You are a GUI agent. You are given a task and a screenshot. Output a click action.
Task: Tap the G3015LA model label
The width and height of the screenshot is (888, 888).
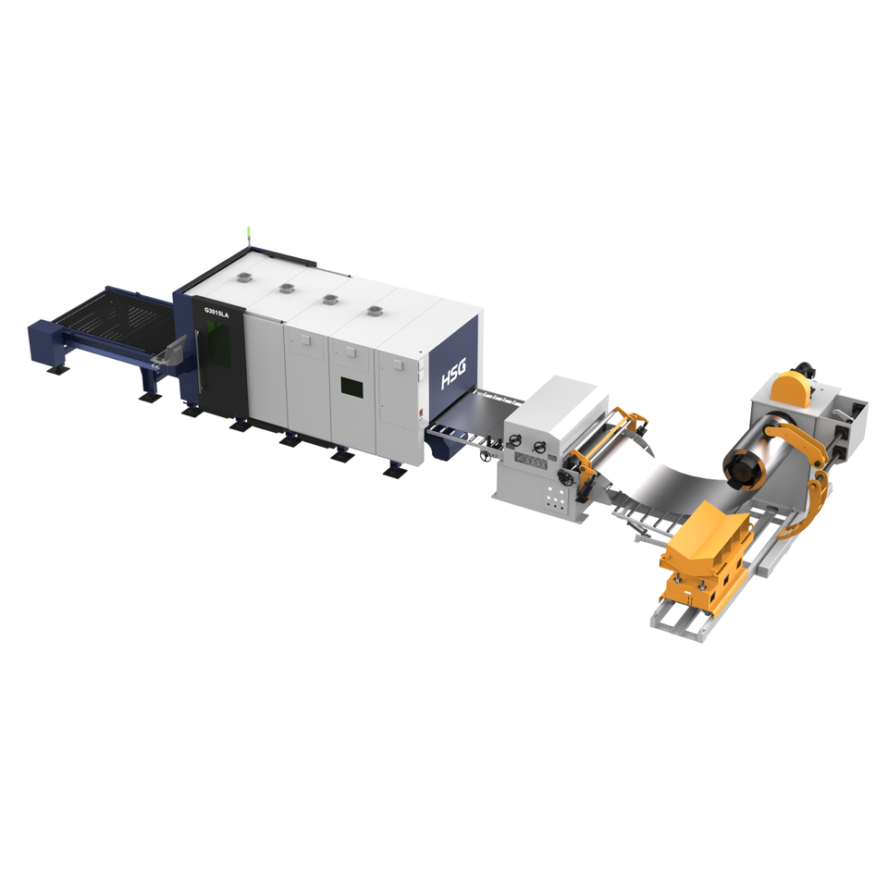click(x=216, y=312)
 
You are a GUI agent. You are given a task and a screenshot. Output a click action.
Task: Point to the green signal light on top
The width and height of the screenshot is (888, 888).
click(x=249, y=235)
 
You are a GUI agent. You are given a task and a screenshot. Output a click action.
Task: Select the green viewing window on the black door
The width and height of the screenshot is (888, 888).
click(x=218, y=339)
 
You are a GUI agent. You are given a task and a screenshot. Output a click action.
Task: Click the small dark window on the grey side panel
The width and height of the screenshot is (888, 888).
click(x=351, y=387)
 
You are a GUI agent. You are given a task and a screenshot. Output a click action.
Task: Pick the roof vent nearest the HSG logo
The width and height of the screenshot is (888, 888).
click(x=375, y=311)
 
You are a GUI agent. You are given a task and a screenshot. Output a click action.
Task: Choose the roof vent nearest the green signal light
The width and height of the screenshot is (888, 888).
click(x=243, y=277)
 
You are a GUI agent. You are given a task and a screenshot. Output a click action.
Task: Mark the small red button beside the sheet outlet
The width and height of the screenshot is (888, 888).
click(x=422, y=413)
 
